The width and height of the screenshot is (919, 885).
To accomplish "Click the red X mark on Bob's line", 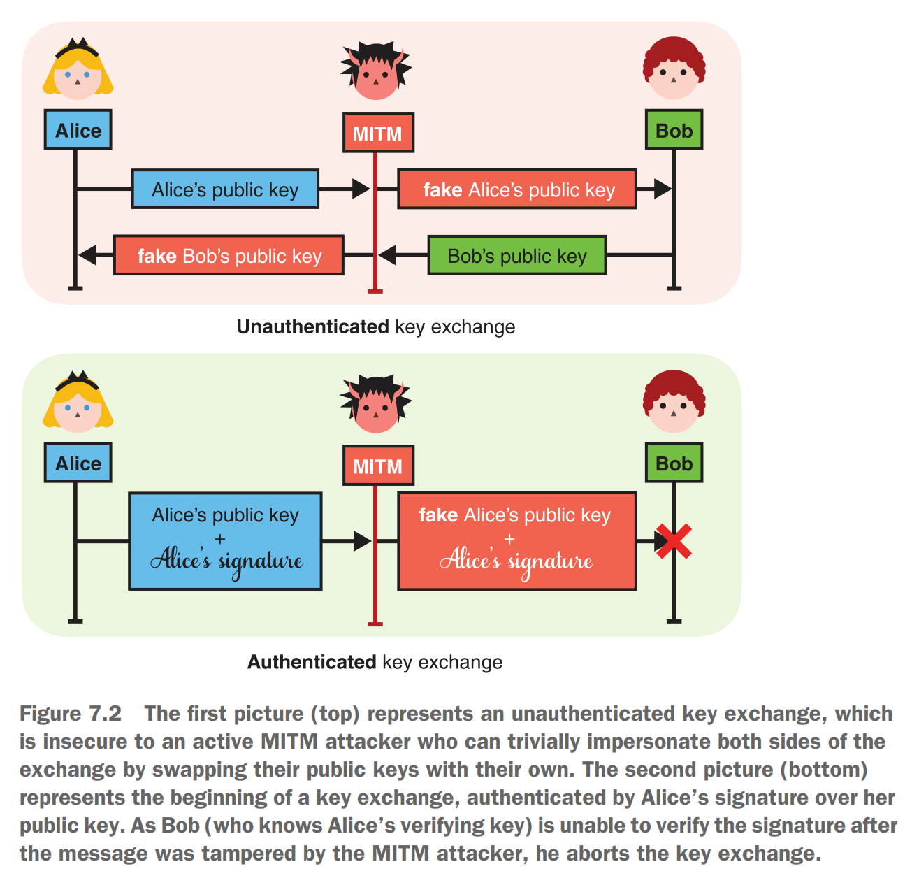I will [x=674, y=541].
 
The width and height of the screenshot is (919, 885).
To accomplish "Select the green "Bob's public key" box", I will [x=516, y=255].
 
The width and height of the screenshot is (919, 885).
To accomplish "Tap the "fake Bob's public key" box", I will [x=229, y=255].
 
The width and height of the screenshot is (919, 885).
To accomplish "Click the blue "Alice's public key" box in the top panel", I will [x=225, y=189].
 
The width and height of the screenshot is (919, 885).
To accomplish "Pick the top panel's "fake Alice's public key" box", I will [x=517, y=189].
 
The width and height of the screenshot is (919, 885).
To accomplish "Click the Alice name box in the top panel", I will [x=78, y=130].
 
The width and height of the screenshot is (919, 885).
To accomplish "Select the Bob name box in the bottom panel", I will [x=674, y=463].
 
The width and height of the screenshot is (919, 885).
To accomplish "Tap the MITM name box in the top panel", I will [x=377, y=133].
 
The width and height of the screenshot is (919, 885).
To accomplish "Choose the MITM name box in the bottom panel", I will [x=377, y=466].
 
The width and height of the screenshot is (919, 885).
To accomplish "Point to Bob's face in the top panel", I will [x=674, y=73].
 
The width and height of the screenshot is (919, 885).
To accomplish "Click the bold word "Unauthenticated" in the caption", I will [x=312, y=326].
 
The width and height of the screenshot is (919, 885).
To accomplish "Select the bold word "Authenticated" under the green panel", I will [x=312, y=661].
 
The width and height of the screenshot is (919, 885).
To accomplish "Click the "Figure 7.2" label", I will [x=71, y=713].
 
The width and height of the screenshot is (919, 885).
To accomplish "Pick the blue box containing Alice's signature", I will [x=225, y=541].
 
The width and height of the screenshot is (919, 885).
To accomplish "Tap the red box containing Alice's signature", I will [x=516, y=541].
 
